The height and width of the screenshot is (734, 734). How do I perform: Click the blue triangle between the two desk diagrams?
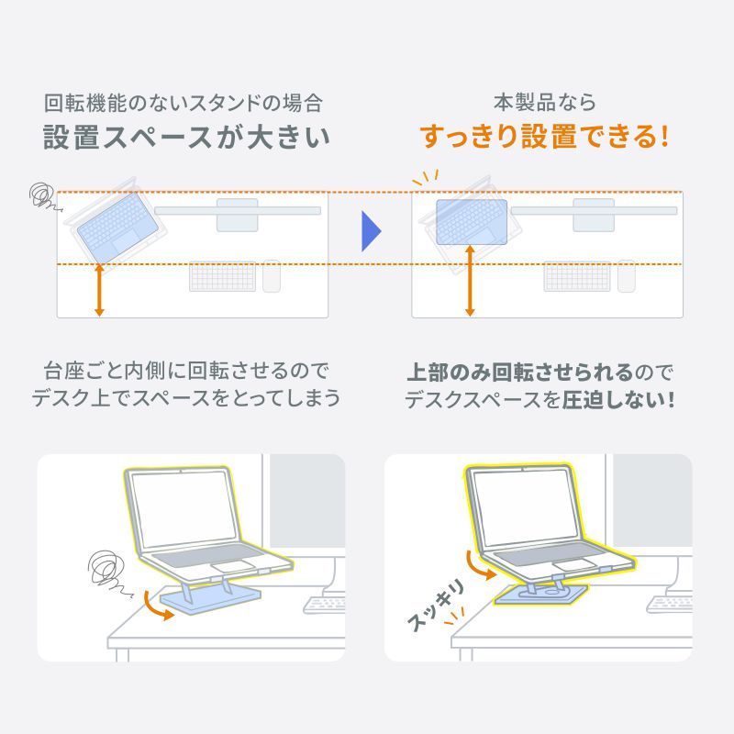370,232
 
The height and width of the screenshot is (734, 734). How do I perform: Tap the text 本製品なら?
545,101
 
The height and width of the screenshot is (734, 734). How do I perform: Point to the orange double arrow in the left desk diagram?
99,291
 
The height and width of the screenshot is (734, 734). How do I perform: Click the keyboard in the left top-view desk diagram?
222,277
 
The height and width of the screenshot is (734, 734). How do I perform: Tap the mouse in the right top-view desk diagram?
626,276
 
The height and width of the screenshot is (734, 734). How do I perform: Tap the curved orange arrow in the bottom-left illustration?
158,607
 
